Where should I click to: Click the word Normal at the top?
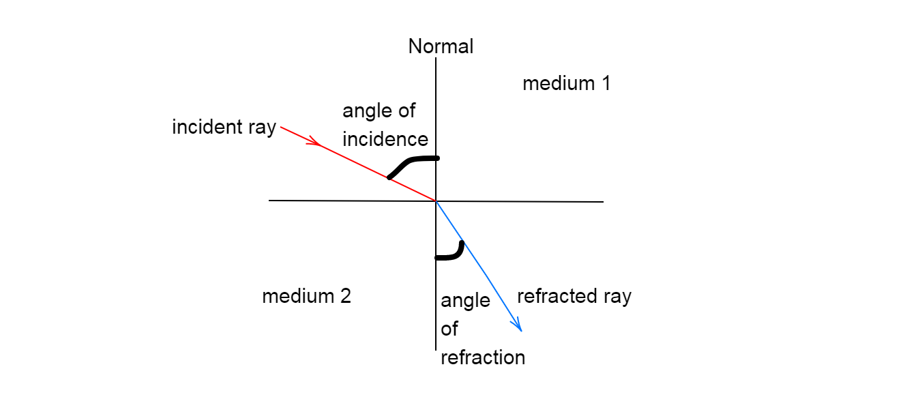pos(441,46)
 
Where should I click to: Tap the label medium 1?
pos(566,84)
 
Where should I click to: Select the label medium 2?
pos(306,297)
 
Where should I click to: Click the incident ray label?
pos(224,128)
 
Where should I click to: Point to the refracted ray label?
pos(574,297)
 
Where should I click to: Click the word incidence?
pos(385,139)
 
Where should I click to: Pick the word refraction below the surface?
pos(483,357)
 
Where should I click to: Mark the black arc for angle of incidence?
pos(409,162)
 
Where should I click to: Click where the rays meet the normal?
pos(436,201)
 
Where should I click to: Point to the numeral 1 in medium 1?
pos(604,84)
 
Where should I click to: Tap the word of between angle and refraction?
pos(449,329)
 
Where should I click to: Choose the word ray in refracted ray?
pos(617,297)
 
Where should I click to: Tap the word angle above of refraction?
pos(465,301)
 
